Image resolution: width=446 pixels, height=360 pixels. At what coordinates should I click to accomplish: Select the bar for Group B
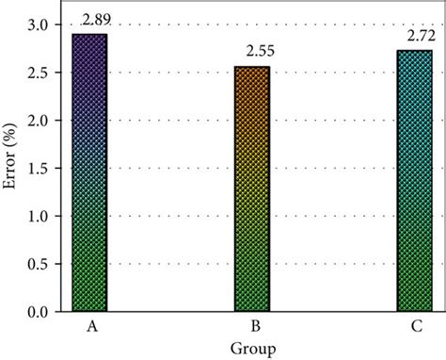(251, 188)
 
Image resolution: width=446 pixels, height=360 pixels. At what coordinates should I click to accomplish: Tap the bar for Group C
(412, 180)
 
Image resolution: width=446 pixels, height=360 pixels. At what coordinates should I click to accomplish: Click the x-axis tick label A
(89, 325)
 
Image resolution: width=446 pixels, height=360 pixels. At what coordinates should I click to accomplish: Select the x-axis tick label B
(251, 325)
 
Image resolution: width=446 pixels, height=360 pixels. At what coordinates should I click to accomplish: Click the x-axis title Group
(251, 349)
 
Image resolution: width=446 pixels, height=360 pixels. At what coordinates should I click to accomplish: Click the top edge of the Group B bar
(251, 67)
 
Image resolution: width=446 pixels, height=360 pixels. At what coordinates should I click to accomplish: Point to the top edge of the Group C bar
(412, 51)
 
